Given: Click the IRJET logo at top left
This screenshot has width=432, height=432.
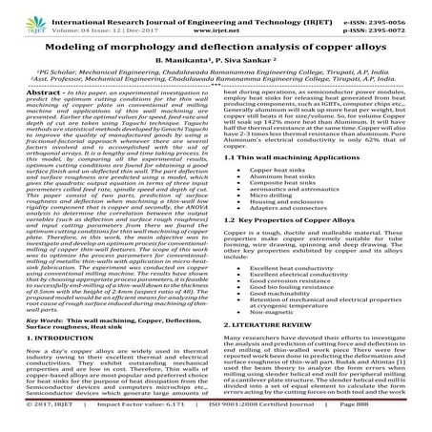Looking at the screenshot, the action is [x=22, y=12].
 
